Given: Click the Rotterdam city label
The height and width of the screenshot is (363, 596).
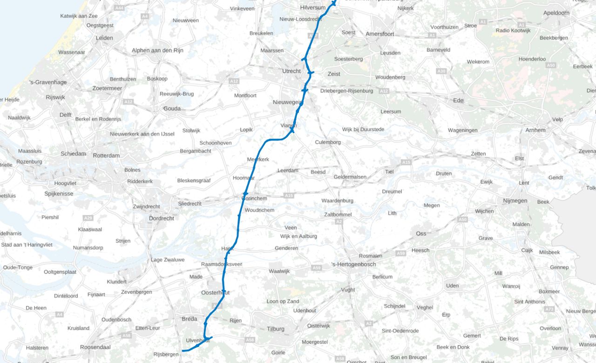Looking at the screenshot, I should tap(106, 155).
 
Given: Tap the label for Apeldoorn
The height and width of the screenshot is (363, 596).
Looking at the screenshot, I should tap(556, 13).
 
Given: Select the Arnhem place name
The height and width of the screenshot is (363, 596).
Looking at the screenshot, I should tap(535, 130).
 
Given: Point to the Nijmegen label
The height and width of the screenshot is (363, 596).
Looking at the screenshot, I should tap(515, 201).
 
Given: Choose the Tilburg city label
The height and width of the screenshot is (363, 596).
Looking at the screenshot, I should tap(276, 329).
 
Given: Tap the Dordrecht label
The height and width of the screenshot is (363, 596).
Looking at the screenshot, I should tap(162, 218).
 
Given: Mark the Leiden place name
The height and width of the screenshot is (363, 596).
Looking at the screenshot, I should tap(104, 38).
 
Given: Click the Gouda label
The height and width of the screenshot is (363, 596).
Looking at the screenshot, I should tap(172, 108).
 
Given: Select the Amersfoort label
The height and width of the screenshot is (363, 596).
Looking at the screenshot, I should tap(380, 34).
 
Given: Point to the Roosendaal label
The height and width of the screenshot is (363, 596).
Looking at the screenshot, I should tap(95, 347).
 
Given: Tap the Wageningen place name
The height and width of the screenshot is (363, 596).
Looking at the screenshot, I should tap(462, 130).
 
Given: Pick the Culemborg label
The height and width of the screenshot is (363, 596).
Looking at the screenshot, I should tap(328, 142).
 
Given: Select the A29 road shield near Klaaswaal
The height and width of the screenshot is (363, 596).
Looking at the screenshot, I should tap(88, 218).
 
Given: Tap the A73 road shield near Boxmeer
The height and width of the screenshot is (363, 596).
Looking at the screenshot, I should tap(550, 309).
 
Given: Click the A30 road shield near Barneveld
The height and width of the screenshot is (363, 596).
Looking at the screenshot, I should tap(441, 71).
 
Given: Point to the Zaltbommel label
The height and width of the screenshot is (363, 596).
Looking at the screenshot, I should tap(338, 215).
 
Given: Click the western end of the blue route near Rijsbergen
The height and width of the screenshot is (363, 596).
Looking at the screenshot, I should tap(183, 350).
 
